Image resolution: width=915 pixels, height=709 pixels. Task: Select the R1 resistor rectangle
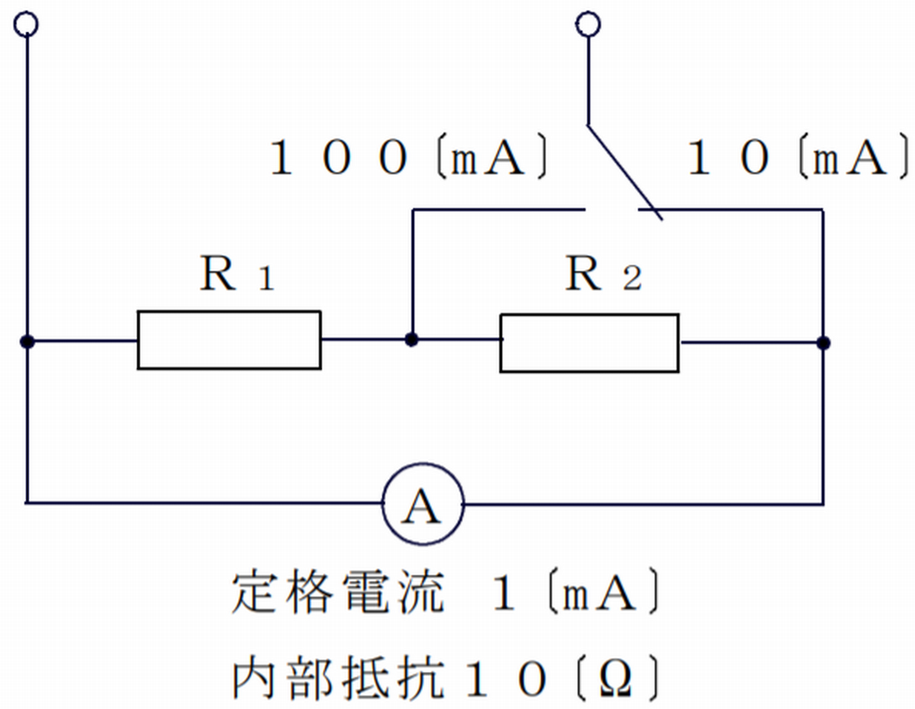tap(229, 341)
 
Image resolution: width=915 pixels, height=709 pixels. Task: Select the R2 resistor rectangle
tap(589, 343)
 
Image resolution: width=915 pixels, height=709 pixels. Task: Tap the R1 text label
tap(237, 274)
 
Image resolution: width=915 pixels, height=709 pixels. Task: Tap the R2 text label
tap(603, 274)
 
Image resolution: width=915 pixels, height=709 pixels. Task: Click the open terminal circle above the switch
tap(588, 25)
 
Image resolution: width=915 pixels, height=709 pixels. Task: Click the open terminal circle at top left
tap(26, 25)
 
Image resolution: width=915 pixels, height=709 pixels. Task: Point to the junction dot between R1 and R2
tap(411, 339)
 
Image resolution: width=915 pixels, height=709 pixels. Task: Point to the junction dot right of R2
tap(823, 343)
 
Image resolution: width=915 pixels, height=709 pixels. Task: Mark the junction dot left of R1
tap(27, 341)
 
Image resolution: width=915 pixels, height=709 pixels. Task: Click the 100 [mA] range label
tap(407, 158)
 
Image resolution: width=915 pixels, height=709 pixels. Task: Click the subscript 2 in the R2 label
tap(632, 279)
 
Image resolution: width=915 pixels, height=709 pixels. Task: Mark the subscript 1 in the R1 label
tap(266, 279)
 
